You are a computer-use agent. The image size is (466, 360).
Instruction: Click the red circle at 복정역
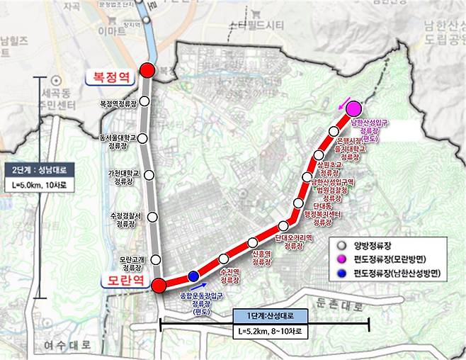(x=147, y=69)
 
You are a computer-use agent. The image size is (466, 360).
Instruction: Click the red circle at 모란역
(x=159, y=285)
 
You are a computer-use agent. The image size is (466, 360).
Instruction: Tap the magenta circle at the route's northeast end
(x=353, y=109)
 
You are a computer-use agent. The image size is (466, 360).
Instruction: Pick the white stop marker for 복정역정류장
(x=144, y=101)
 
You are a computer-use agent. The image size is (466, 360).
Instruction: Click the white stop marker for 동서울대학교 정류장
(x=144, y=137)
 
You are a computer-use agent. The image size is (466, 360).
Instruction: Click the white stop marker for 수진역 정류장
(x=225, y=259)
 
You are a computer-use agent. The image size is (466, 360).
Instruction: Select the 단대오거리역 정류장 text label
(x=293, y=242)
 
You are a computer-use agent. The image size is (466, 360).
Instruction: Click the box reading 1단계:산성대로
(x=266, y=315)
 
